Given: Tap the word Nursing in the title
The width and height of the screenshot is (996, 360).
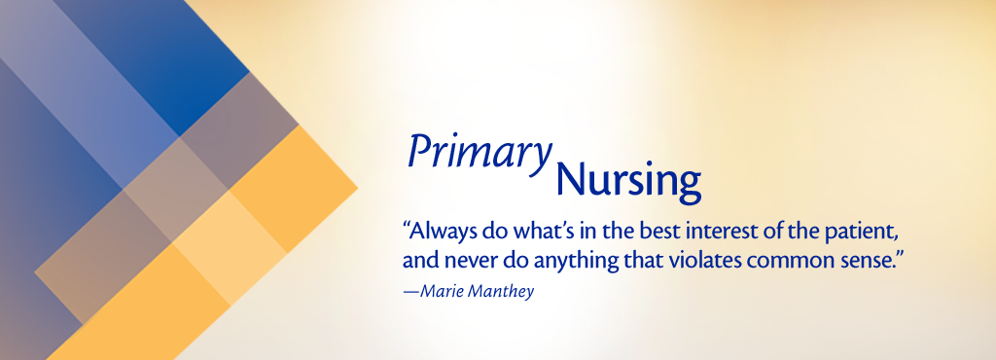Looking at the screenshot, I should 628,182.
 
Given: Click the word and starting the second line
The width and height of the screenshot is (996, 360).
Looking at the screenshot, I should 418,261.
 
